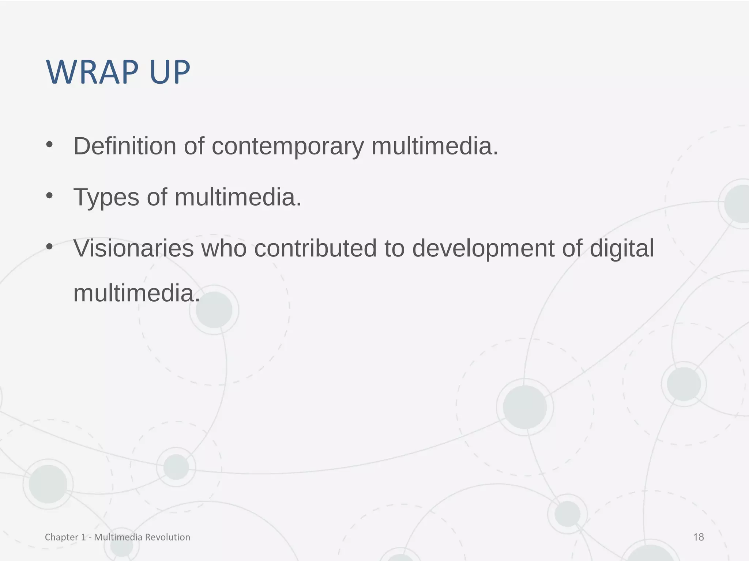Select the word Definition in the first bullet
coord(125,146)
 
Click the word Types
coord(106,198)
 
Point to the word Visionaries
coord(133,248)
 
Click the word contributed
coord(315,248)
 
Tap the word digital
coord(622,248)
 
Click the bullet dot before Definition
coord(49,145)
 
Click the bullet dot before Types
coord(49,196)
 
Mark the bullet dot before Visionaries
coord(49,247)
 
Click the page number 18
coord(698,537)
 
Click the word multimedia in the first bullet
coord(435,146)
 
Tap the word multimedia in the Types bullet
coord(238,197)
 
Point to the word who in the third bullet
coord(224,248)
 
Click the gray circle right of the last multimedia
coord(214,310)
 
